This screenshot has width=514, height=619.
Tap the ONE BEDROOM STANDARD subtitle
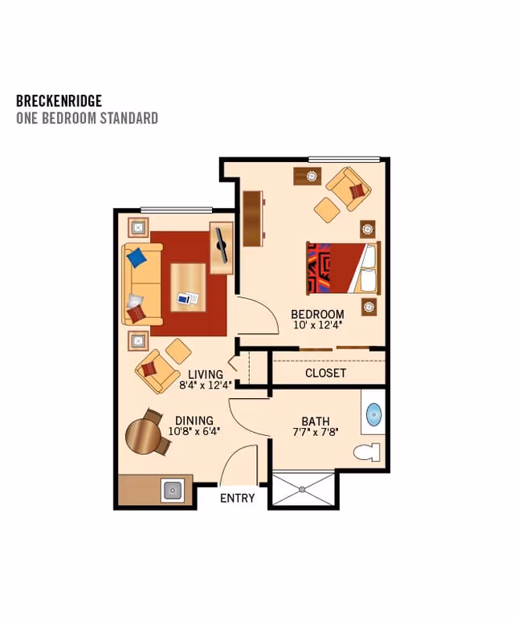(87, 119)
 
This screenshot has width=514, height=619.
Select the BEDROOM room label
(317, 314)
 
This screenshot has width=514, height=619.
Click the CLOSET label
(325, 373)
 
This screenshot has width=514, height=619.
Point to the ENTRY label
(237, 498)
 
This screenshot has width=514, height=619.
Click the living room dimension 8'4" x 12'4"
(205, 385)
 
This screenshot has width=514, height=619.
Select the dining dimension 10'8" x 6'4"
(194, 431)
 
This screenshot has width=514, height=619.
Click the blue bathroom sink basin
(374, 415)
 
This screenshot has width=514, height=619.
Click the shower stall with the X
(303, 489)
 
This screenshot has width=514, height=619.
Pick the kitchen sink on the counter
(173, 489)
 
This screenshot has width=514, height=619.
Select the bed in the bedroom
(343, 268)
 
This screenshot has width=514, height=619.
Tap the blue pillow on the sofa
(137, 257)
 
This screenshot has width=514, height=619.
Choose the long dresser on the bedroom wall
(252, 218)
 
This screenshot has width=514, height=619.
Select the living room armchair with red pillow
(156, 369)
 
